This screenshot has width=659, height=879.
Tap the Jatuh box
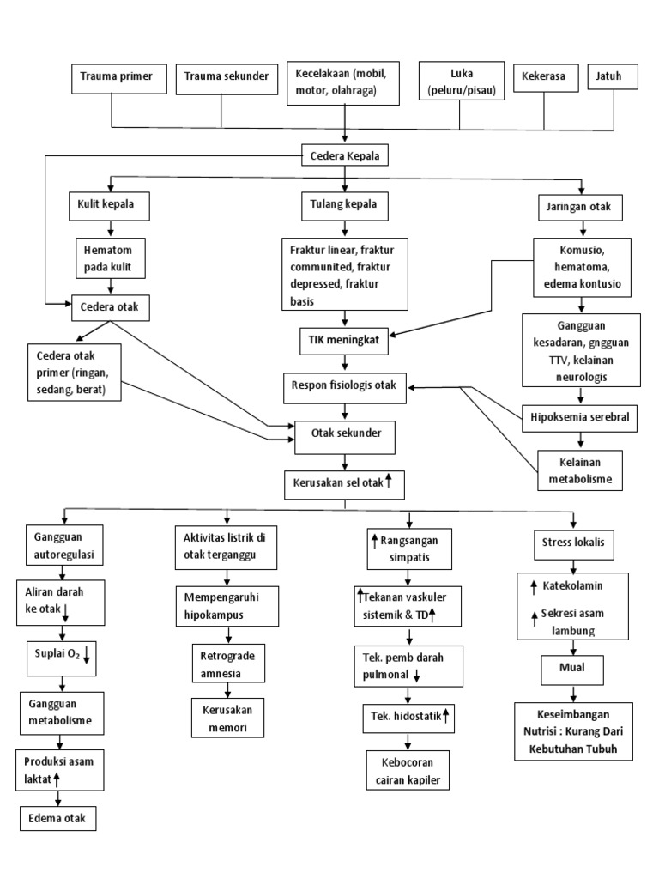(615, 76)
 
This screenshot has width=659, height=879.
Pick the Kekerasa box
(544, 76)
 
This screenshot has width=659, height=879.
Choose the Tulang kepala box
(344, 206)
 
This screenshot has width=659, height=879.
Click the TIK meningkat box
(344, 340)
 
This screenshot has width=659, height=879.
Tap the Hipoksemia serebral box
(581, 418)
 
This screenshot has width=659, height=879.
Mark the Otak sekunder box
(344, 436)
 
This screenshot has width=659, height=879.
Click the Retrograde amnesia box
(228, 664)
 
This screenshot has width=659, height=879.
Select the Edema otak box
(58, 817)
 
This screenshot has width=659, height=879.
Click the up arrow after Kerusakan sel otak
(390, 482)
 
